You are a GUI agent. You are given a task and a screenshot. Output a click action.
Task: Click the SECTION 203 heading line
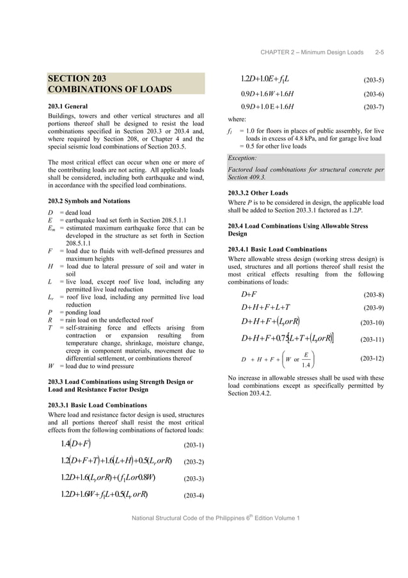tap(77, 78)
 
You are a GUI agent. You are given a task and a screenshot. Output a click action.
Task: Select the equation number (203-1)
tap(194, 445)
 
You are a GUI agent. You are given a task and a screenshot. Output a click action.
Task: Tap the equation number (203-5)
tap(373, 81)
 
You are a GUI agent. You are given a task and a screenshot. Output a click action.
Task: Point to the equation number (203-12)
tap(372, 360)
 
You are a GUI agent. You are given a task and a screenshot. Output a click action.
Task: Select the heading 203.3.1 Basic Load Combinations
tap(97, 405)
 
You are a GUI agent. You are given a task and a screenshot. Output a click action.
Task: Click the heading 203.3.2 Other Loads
tap(258, 193)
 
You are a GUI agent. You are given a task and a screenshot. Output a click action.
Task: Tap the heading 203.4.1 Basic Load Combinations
tap(278, 249)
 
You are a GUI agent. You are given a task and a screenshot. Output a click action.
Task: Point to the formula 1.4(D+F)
tap(75, 444)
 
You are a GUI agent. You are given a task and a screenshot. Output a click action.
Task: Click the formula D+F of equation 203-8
tap(249, 294)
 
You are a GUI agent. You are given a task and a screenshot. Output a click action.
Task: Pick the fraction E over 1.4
tap(306, 360)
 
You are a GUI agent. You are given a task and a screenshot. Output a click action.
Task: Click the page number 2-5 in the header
tap(379, 52)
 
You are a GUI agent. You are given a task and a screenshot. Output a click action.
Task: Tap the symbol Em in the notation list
tap(52, 228)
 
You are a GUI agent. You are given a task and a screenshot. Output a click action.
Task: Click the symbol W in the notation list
tap(51, 367)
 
